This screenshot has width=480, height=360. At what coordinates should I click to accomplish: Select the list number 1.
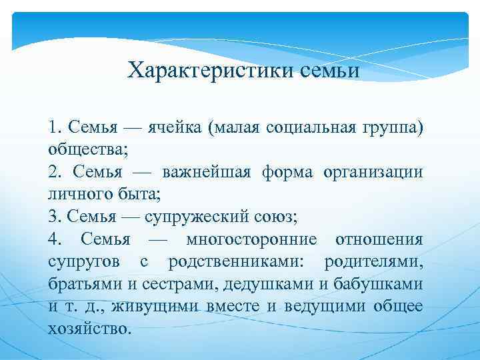click(x=53, y=127)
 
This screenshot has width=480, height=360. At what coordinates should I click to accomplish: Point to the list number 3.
click(x=53, y=216)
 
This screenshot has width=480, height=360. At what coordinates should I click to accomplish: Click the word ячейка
click(x=181, y=127)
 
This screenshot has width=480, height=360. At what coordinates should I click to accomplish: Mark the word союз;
click(x=278, y=216)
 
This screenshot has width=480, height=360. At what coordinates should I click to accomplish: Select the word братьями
click(x=84, y=283)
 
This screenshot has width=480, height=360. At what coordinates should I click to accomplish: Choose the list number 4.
click(x=53, y=239)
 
